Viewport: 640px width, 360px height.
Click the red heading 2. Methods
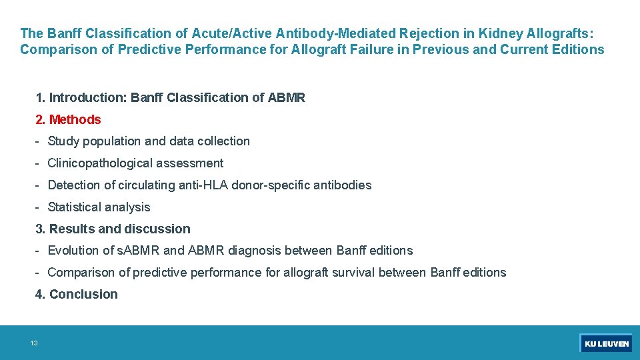tap(68, 120)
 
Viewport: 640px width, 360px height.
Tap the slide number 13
tap(34, 343)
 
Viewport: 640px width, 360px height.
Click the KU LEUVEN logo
tap(605, 343)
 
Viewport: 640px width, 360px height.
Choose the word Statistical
tap(76, 207)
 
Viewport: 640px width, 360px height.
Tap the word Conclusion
tap(83, 295)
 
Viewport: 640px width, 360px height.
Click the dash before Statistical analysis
tap(39, 207)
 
